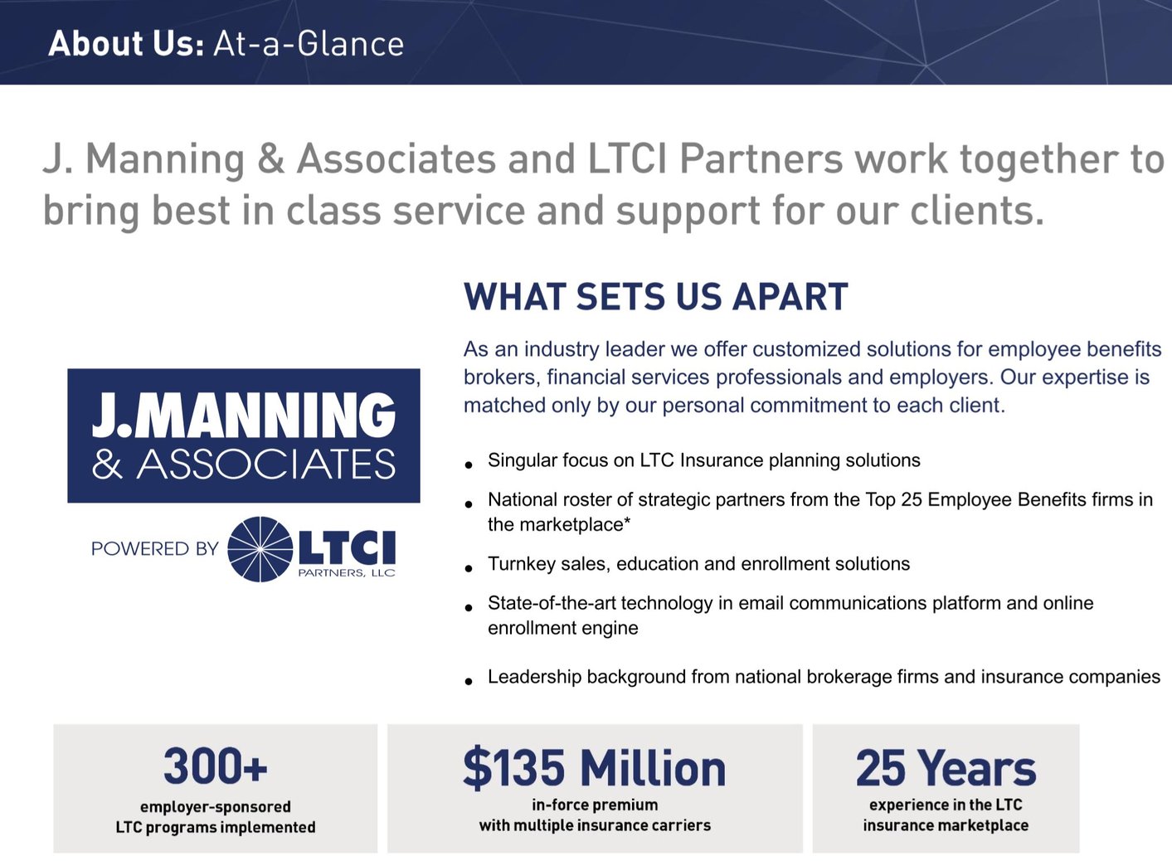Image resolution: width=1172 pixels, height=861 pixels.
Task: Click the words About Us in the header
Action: pos(125,43)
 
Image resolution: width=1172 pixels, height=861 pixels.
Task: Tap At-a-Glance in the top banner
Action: pos(309,43)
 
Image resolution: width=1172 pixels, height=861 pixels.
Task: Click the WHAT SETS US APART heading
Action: pos(655,297)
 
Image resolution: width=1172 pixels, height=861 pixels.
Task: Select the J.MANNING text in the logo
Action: pos(244,415)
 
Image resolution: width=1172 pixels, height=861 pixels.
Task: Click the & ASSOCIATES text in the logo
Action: pos(244,465)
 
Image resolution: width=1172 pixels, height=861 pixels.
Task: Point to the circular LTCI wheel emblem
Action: pos(260,549)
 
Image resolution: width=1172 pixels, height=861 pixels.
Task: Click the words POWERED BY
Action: pos(154,549)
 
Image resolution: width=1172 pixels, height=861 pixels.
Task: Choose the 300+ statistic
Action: pos(215,766)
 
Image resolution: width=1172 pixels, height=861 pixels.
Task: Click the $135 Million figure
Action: pos(594,767)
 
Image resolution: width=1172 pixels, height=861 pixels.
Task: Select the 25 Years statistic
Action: pos(946,767)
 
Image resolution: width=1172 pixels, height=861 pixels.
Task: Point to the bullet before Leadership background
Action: pos(469,682)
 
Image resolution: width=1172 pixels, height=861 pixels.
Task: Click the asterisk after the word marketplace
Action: pos(627,523)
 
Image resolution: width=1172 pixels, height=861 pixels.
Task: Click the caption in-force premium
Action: pos(595,805)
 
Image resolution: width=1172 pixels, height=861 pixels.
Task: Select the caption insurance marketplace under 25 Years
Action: pos(946,825)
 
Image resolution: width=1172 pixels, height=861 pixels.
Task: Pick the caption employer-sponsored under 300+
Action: pos(215,806)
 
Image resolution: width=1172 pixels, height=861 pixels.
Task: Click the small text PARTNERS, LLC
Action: pos(347,573)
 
